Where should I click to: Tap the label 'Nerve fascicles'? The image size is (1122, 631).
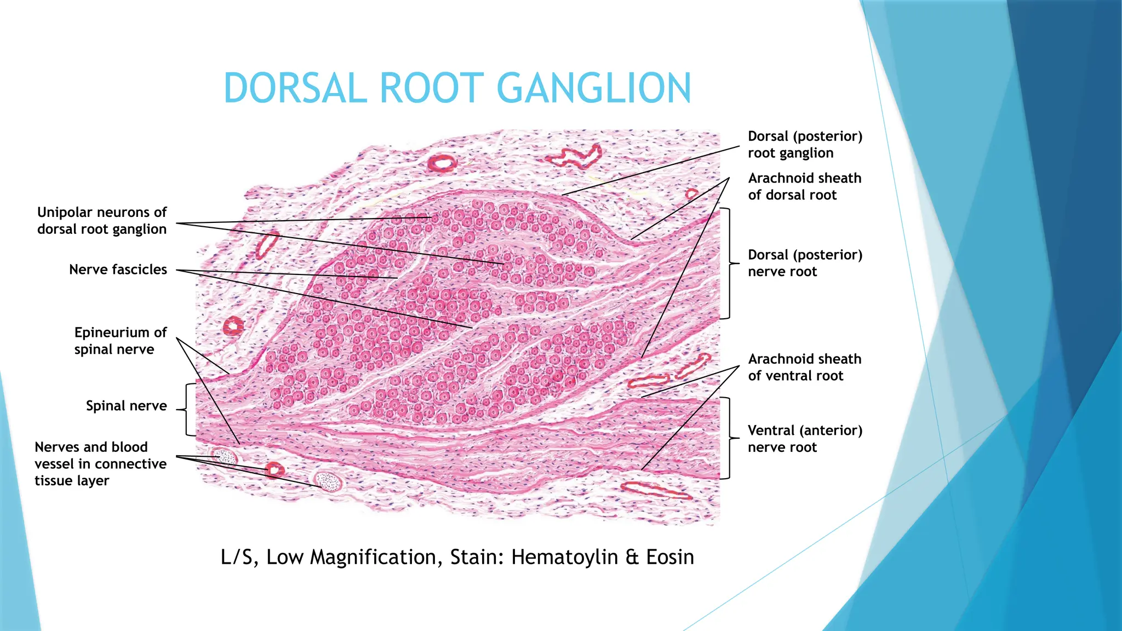(118, 269)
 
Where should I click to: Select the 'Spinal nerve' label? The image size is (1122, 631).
(126, 406)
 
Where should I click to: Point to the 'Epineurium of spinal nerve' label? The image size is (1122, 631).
(121, 341)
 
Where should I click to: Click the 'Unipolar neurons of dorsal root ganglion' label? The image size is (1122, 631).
(102, 221)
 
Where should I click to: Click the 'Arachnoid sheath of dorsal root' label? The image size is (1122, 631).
(804, 187)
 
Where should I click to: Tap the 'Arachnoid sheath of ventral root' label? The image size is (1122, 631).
(804, 368)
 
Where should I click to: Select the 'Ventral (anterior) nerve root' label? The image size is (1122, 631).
(805, 439)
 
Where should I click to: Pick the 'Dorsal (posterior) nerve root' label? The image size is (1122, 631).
(805, 263)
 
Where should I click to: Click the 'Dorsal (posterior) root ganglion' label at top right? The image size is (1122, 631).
(805, 145)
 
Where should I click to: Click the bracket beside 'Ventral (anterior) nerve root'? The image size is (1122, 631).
(727, 438)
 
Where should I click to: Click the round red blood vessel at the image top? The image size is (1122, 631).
(442, 163)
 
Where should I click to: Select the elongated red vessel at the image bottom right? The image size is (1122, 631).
(656, 490)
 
